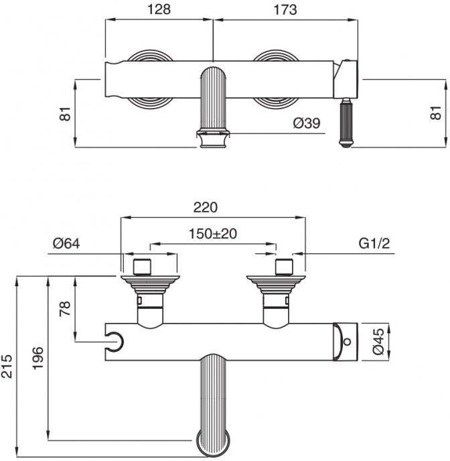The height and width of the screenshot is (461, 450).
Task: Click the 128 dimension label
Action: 159,9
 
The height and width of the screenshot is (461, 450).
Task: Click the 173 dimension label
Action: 285,9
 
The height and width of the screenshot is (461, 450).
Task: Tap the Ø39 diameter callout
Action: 307,123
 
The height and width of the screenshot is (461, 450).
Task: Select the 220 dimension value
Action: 206,207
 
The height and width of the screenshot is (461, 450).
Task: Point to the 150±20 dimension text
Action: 212,234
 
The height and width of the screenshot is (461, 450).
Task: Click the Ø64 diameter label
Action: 66,243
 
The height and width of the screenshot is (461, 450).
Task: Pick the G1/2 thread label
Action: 374,243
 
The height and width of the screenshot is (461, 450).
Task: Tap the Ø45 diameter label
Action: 378,341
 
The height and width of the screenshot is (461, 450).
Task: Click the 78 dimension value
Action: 65,308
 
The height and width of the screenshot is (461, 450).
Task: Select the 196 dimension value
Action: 37,358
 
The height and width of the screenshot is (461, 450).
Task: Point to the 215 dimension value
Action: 7,367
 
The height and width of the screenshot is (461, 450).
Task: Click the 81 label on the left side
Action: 65,113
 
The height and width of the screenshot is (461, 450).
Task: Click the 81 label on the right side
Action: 436,113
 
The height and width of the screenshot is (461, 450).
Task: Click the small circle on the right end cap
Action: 347,342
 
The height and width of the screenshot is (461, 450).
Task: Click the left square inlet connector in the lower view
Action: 142,267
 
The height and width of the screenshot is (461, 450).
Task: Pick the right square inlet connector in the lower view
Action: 285,267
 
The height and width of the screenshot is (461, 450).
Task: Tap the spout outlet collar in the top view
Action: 214,139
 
